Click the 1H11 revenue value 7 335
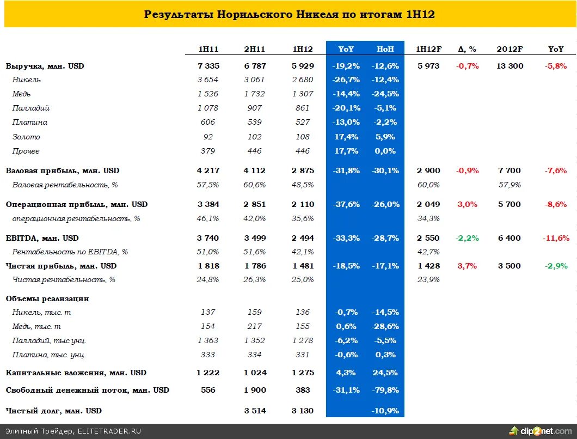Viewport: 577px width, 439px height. point(208,66)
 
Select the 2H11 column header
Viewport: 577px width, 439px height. point(255,49)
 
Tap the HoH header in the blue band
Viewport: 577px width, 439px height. point(385,49)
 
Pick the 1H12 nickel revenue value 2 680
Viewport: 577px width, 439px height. point(303,80)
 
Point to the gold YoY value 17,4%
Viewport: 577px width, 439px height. point(345,137)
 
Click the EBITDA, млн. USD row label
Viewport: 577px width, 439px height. point(42,238)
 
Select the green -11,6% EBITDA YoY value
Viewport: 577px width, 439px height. point(556,238)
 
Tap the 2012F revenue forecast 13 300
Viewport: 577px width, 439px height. point(510,66)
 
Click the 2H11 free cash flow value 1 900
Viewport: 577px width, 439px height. point(255,390)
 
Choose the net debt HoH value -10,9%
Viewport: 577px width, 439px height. point(385,411)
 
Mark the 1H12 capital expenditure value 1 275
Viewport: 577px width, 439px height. point(303,373)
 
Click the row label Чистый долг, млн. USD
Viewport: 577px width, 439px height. point(54,411)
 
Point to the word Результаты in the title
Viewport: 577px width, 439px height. point(178,14)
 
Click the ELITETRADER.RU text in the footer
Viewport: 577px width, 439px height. point(109,431)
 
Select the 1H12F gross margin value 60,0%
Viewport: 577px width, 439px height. point(428,185)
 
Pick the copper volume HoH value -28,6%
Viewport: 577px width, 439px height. point(385,326)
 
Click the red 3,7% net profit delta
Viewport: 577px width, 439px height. point(468,266)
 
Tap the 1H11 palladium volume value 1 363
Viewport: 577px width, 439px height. point(208,340)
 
